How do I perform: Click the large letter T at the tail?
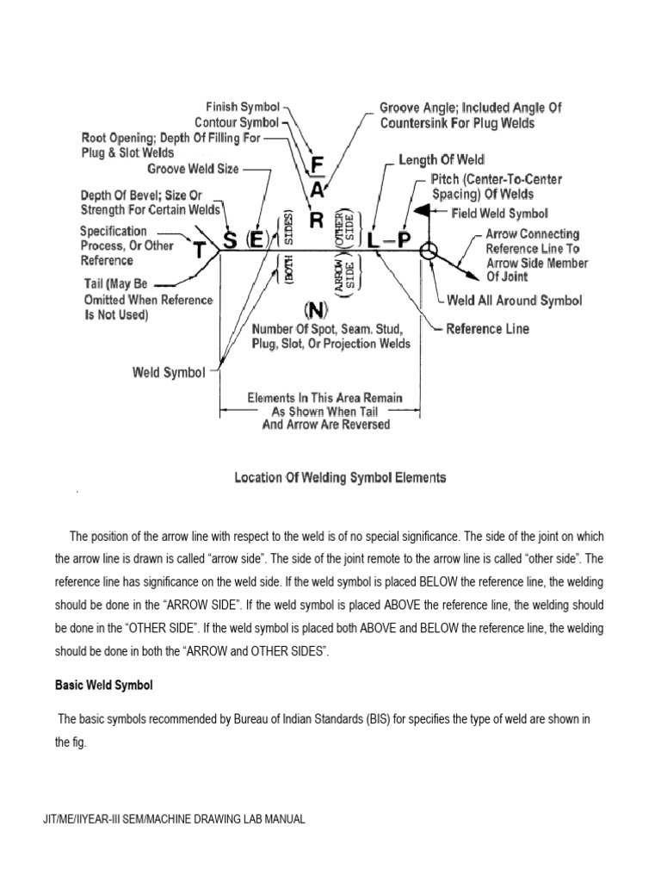tap(200, 250)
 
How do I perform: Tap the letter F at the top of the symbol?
tap(318, 165)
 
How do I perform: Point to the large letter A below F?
tap(318, 189)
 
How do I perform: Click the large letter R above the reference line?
tap(316, 220)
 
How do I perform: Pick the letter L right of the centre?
tap(373, 241)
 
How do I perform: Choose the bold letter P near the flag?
tap(404, 241)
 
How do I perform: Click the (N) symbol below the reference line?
tap(316, 308)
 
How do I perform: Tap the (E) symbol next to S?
tap(256, 240)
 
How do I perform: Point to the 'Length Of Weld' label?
tap(442, 160)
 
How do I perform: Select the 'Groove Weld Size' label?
tap(193, 169)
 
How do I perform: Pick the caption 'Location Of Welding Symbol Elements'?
tap(340, 477)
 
